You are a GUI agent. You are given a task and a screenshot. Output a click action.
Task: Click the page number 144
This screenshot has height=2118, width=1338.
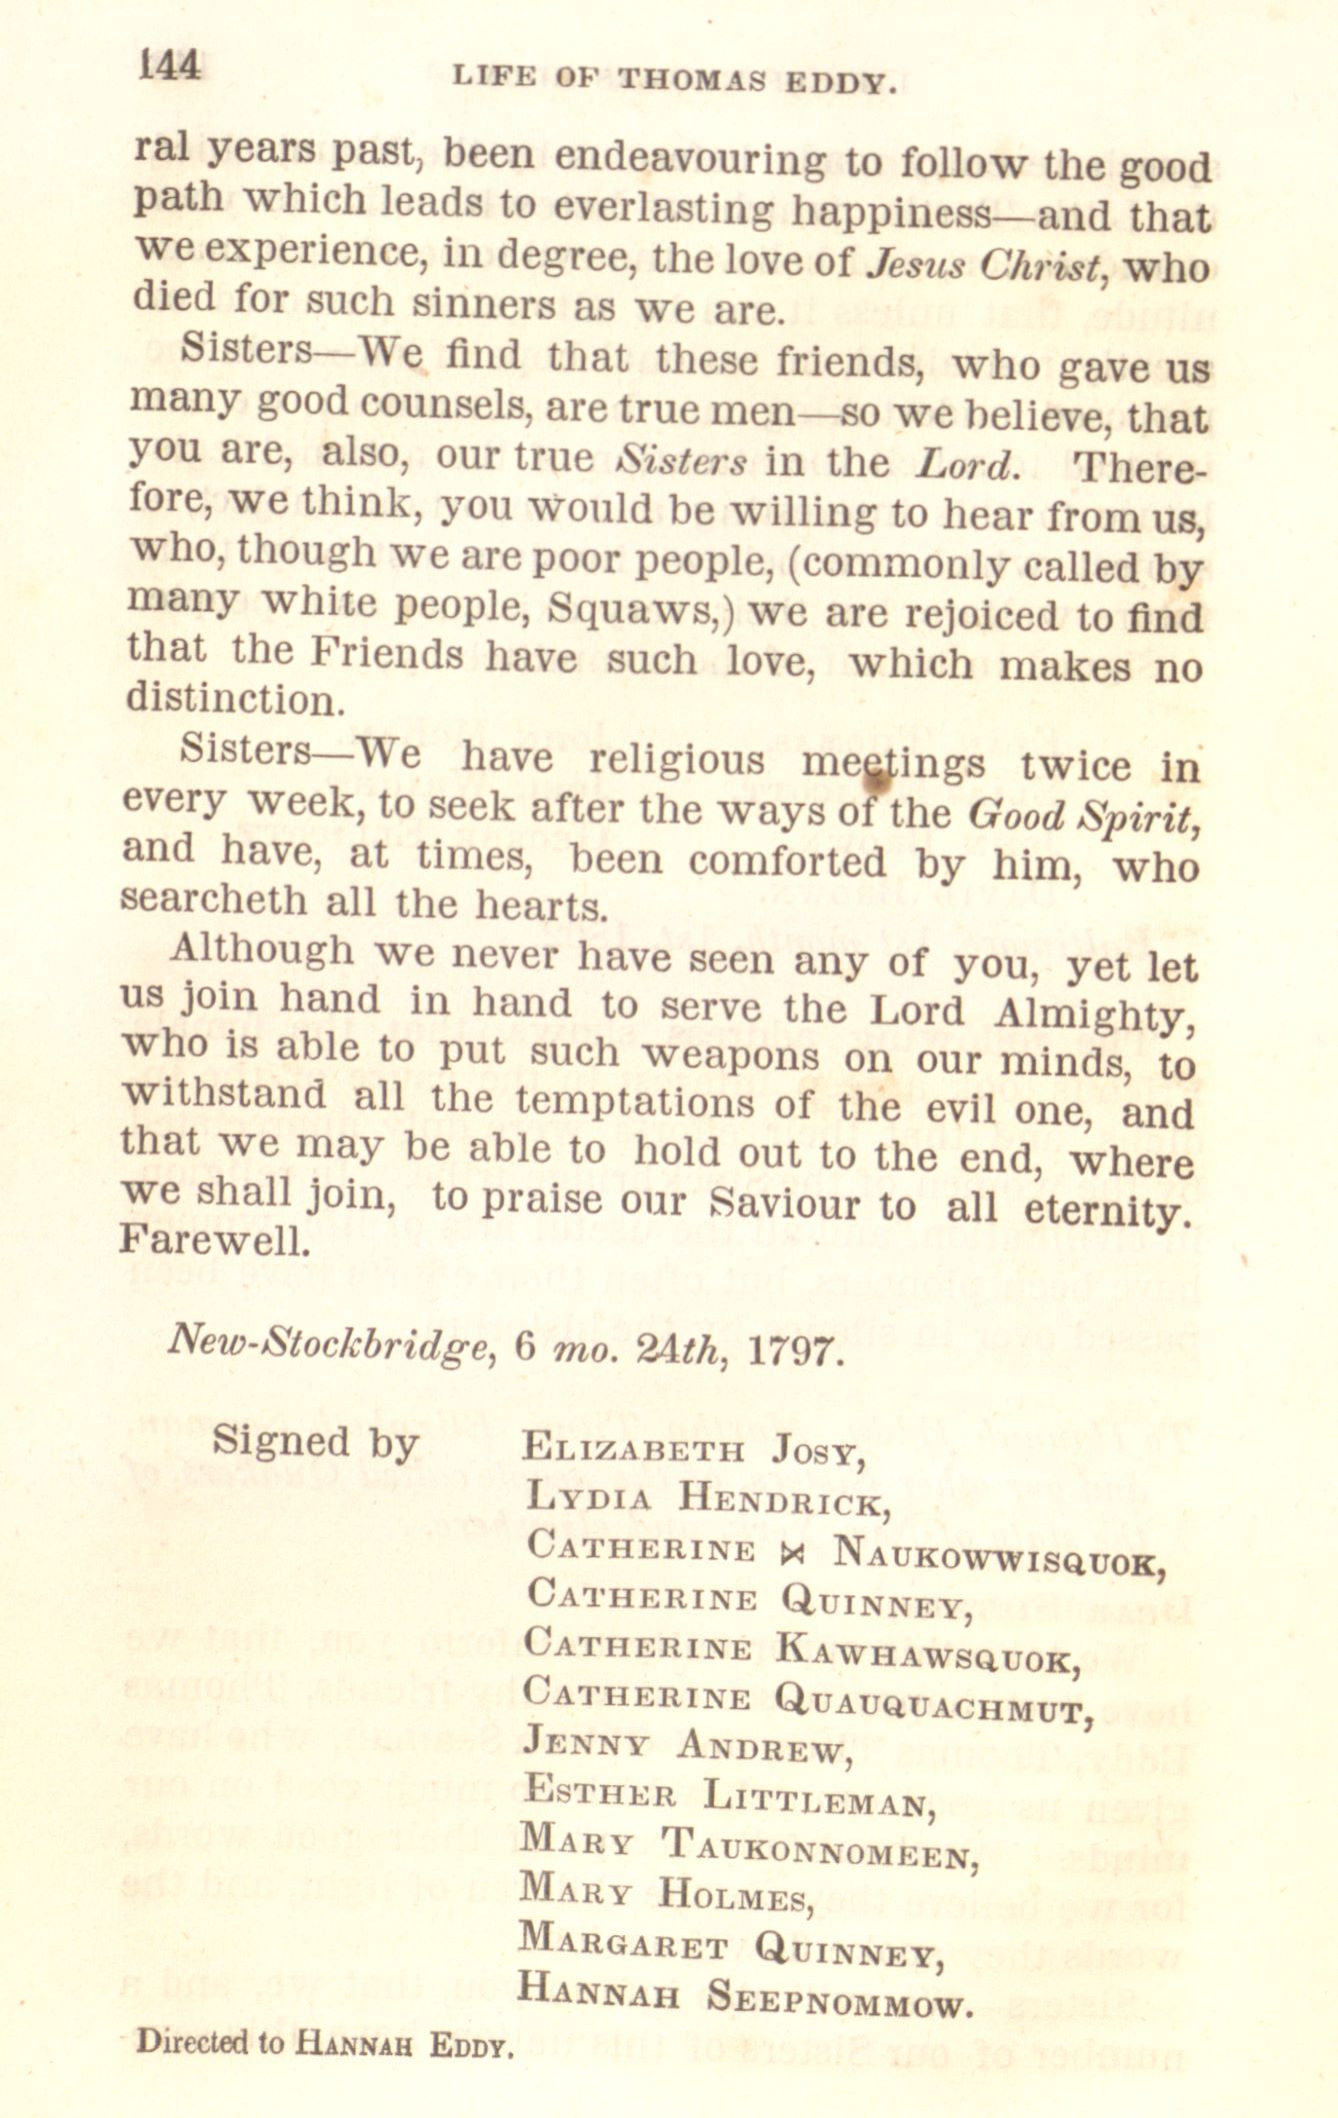click(171, 66)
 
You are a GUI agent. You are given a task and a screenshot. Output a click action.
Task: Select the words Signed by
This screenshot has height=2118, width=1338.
click(314, 1442)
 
